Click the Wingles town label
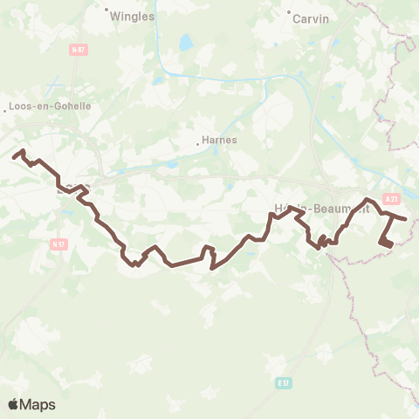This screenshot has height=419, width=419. tap(133, 15)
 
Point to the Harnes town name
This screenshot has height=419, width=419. tap(219, 139)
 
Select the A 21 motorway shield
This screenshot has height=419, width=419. tap(391, 199)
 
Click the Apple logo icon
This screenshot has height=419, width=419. tap(14, 404)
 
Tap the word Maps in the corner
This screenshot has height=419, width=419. tap(38, 404)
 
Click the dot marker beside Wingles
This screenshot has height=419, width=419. tap(106, 11)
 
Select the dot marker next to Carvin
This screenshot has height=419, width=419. tap(289, 11)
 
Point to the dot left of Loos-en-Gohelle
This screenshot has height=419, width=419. tap(3, 106)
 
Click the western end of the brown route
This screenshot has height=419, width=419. tap(14, 157)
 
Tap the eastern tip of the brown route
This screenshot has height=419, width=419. tap(406, 218)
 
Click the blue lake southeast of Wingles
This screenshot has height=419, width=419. tap(185, 41)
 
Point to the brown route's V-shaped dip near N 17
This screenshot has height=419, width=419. tap(135, 263)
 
